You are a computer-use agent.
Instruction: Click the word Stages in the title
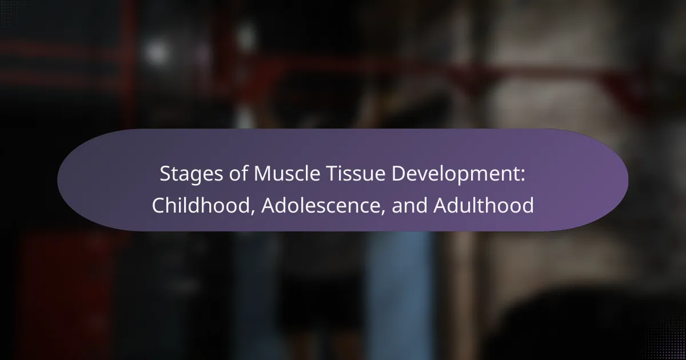click(192, 174)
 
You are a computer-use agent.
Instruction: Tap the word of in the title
click(238, 173)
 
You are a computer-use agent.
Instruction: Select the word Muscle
click(287, 173)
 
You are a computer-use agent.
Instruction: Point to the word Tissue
click(356, 173)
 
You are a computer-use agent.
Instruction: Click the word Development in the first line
click(455, 174)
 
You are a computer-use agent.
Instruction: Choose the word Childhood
click(201, 205)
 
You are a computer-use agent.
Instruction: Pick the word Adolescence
click(321, 205)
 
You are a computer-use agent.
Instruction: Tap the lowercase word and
click(410, 205)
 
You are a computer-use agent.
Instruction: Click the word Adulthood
click(484, 205)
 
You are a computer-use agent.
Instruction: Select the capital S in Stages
click(166, 173)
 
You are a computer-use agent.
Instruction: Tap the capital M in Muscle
click(263, 173)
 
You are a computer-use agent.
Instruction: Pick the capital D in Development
click(399, 173)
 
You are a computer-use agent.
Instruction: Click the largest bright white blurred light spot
click(157, 52)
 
